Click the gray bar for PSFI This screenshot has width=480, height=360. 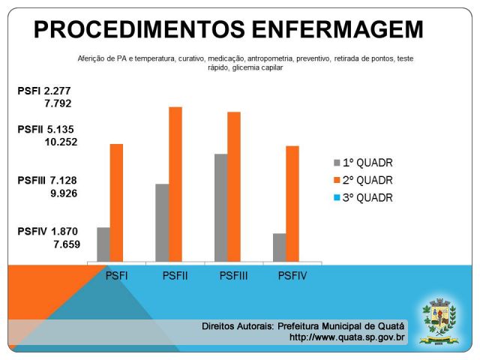tap(103, 244)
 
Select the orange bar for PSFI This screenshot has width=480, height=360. tap(116, 202)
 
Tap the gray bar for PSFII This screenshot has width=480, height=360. tap(162, 223)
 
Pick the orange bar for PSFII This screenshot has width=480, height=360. tap(175, 184)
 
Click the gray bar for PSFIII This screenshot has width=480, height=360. tap(220, 208)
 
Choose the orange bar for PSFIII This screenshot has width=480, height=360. tap(234, 187)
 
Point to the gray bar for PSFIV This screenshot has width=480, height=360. tap(279, 247)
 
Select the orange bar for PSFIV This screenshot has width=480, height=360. tap(292, 204)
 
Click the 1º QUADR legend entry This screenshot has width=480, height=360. tap(363, 163)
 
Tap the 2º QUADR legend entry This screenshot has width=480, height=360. tap(363, 181)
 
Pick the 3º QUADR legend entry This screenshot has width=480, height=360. tap(363, 199)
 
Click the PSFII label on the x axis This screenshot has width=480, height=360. tap(175, 275)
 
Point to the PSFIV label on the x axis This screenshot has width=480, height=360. tap(292, 275)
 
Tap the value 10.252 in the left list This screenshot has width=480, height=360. tap(61, 142)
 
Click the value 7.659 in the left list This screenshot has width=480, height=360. tap(67, 244)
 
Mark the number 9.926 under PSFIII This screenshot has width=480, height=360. tap(64, 193)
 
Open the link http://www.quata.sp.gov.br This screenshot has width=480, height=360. tap(347, 337)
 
